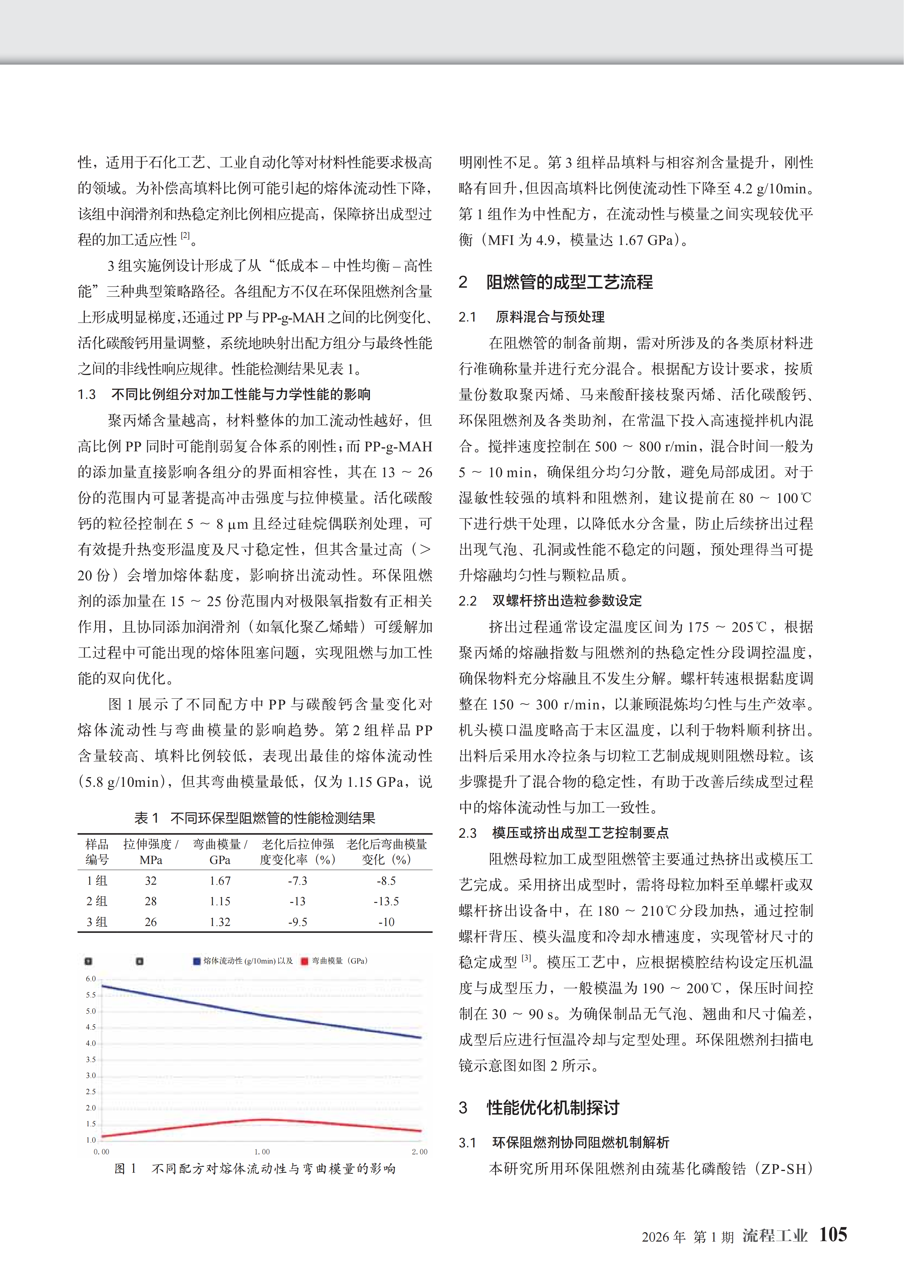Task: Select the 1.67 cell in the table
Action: point(220,880)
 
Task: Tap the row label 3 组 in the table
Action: point(97,922)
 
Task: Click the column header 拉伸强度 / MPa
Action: point(151,852)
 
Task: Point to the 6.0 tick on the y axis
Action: point(91,979)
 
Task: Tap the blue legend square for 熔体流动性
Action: point(197,961)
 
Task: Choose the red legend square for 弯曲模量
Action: point(304,961)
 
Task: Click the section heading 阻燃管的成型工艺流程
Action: point(569,282)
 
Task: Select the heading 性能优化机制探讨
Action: point(553,1108)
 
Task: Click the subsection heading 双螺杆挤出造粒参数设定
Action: point(567,601)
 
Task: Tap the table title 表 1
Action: point(146,818)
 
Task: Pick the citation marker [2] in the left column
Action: point(185,235)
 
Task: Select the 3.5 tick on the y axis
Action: point(91,1059)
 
